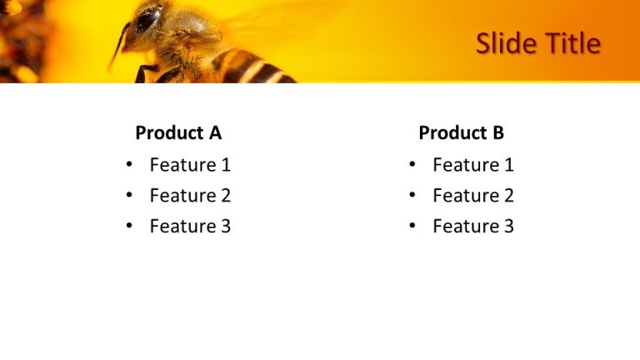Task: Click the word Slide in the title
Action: [506, 42]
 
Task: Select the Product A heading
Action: [178, 132]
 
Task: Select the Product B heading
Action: [461, 132]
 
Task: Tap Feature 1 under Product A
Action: [190, 165]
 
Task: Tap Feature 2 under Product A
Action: [190, 196]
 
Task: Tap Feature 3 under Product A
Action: [190, 226]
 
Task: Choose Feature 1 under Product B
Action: [473, 165]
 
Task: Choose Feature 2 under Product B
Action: [473, 196]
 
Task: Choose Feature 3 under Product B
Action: [473, 226]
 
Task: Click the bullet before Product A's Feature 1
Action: [129, 165]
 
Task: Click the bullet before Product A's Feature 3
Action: [129, 226]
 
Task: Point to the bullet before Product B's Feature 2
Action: [412, 196]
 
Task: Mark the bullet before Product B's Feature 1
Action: [412, 165]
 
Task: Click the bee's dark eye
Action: [150, 17]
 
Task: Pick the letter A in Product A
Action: [215, 132]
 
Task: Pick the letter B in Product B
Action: [497, 132]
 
